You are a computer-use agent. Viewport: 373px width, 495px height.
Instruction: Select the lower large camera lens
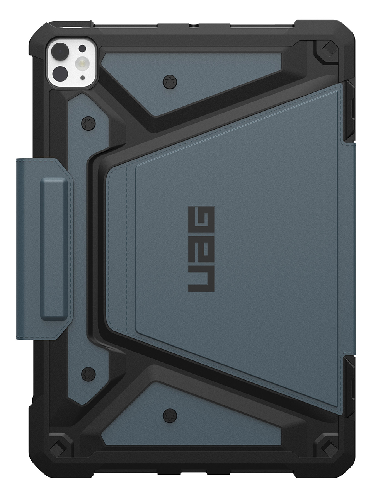tap(62, 72)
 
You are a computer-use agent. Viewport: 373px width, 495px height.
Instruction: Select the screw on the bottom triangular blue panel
tap(169, 416)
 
